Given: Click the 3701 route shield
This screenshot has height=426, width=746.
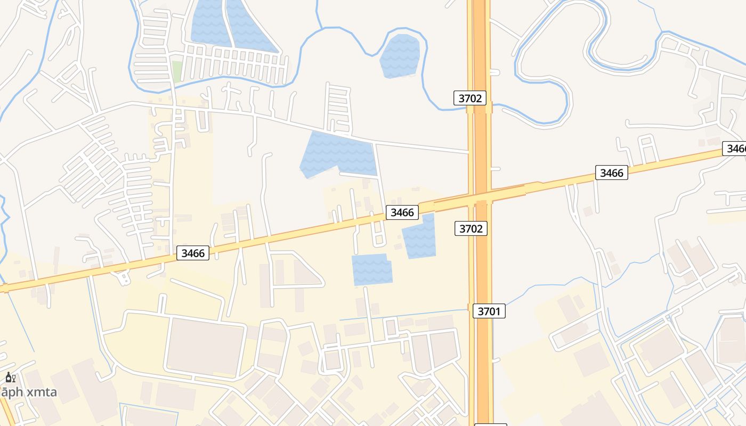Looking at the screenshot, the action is click(489, 311).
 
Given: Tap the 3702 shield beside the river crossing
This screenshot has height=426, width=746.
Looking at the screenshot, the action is click(470, 98).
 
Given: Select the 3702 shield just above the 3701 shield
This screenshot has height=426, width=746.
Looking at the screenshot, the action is click(471, 228).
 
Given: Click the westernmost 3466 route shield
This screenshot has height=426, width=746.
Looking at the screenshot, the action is click(193, 253).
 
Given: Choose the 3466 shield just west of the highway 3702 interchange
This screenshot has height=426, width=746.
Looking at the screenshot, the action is click(402, 212).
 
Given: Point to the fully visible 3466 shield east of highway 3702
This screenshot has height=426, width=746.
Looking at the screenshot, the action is click(611, 173).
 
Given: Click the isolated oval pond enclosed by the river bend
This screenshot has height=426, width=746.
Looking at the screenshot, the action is click(400, 55).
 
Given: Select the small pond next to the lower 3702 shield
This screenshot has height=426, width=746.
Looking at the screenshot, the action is click(419, 236).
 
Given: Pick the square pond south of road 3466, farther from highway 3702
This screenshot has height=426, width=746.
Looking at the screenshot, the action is click(371, 269).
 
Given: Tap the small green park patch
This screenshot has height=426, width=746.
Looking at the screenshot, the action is click(177, 71).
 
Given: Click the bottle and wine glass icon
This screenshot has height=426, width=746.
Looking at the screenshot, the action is click(10, 378).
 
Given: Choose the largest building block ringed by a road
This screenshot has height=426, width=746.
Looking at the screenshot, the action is click(205, 346).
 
